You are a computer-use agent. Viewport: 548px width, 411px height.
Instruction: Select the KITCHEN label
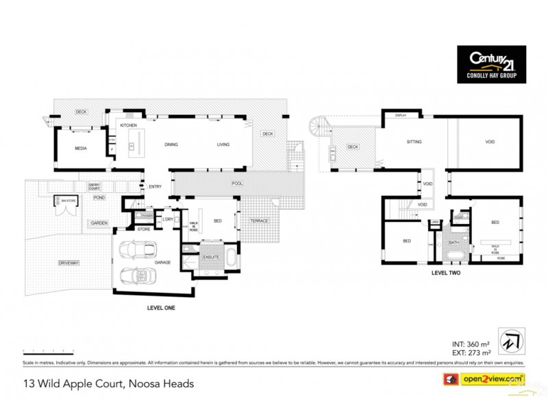[129, 126]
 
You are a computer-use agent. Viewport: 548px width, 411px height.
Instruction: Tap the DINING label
[171, 145]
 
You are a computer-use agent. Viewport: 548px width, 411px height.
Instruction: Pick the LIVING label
[223, 145]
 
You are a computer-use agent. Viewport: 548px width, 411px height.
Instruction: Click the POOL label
[238, 184]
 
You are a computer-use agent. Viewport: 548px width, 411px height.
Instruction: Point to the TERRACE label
[259, 221]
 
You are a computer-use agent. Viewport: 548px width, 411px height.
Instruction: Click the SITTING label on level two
[414, 142]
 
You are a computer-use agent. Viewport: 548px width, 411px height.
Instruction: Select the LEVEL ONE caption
[162, 308]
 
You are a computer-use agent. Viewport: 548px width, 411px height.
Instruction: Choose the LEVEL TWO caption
[446, 273]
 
